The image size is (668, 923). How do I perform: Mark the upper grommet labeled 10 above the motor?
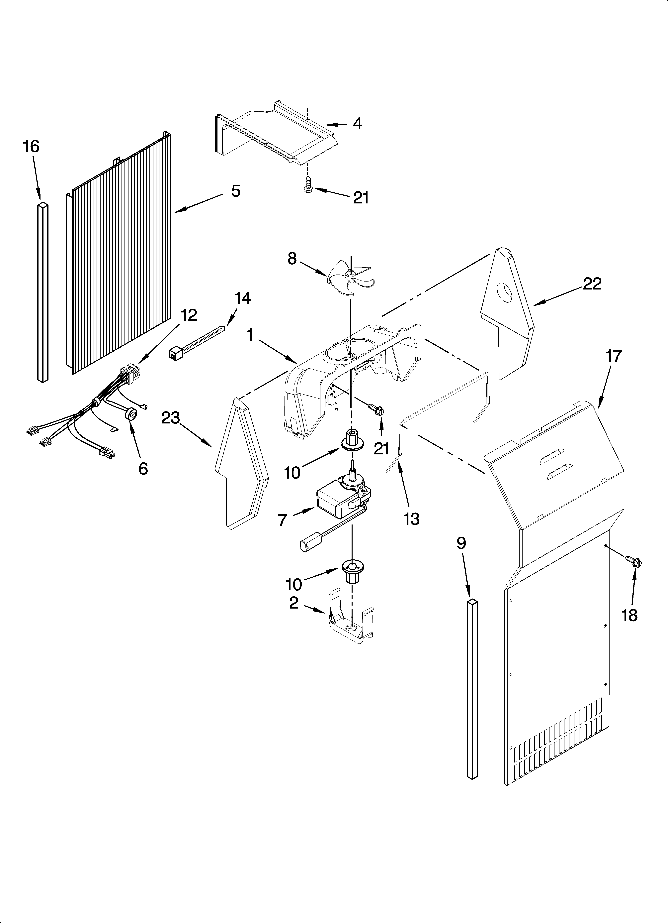click(x=351, y=439)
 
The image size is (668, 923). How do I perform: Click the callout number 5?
click(x=236, y=190)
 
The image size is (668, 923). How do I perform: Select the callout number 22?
click(x=592, y=284)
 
